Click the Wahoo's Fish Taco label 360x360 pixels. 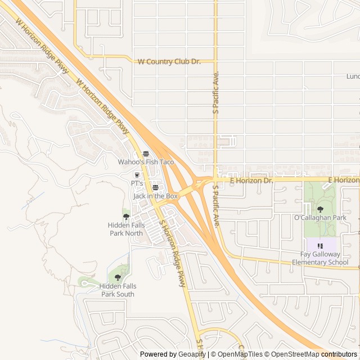click(x=146, y=162)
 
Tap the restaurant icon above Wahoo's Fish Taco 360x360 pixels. click(x=146, y=154)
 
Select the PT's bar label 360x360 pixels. click(x=137, y=183)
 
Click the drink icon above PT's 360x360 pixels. click(x=137, y=175)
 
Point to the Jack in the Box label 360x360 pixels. click(x=155, y=196)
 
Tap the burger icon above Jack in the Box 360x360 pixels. click(x=155, y=187)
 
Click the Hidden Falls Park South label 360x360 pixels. click(x=118, y=290)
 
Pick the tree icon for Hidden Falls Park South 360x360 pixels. click(x=118, y=276)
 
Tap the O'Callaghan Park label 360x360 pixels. click(x=320, y=217)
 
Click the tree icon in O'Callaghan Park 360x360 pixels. click(x=320, y=209)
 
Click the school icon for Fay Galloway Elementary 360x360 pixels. click(x=320, y=246)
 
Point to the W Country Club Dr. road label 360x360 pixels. click(x=169, y=61)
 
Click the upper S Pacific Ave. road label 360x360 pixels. click(x=215, y=93)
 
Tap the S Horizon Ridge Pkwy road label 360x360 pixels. click(x=173, y=253)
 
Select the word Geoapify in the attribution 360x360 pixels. click(x=192, y=354)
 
